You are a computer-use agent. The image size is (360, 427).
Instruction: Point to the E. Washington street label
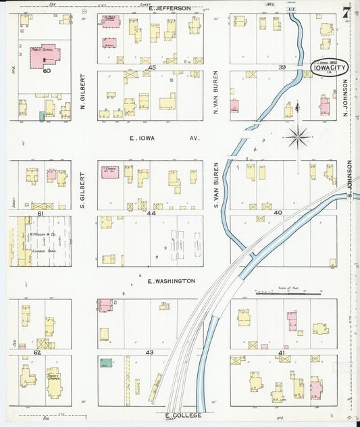pos(172,280)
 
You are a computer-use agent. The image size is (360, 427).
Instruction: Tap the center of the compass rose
pos(297,137)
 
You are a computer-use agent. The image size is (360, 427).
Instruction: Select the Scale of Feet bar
pos(287,294)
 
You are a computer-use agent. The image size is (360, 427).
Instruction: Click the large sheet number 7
pos(346,12)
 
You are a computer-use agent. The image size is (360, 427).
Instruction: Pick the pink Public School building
pos(45,57)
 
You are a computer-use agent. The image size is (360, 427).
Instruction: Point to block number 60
pos(46,70)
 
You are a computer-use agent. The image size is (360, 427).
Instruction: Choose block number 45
pos(152,68)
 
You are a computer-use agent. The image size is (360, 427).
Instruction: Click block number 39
pos(282,68)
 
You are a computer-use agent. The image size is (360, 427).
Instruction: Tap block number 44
pos(152,213)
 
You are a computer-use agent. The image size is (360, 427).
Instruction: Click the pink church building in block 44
pos(110,172)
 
